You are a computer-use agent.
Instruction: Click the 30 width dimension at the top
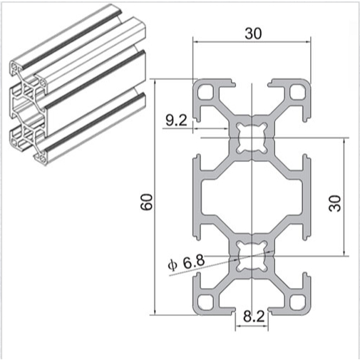click(252, 33)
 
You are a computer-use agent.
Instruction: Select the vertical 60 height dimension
click(146, 202)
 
